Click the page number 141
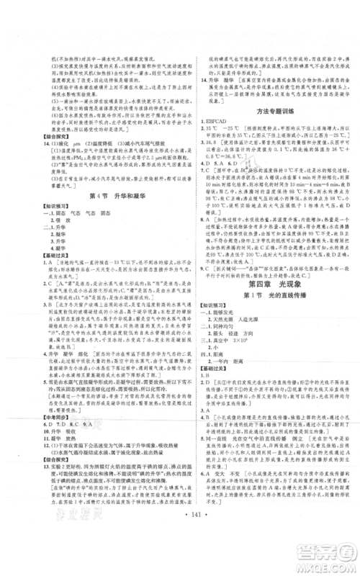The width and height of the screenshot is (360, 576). click(180, 538)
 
